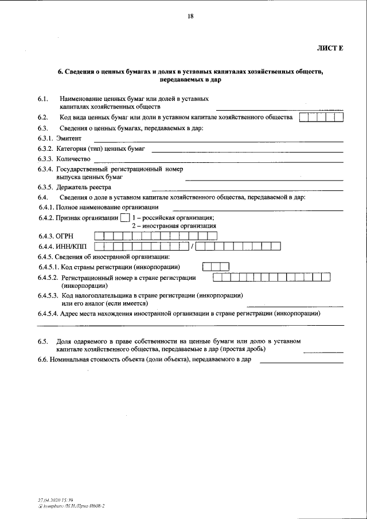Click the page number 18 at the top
(190, 16)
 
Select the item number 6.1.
(42, 99)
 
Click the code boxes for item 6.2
(322, 118)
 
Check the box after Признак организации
(125, 217)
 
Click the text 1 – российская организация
(173, 217)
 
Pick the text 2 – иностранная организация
(174, 226)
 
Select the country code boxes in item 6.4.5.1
(216, 267)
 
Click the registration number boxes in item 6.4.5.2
(272, 278)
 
